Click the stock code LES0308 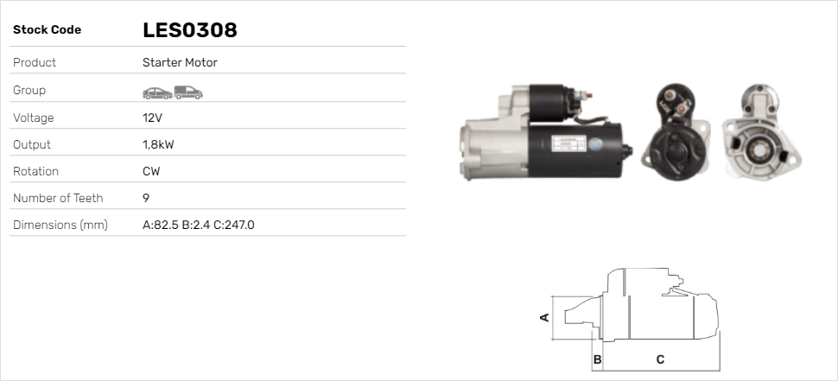point(190,30)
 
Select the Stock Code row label point(47,30)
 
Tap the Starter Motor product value point(180,62)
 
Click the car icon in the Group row point(157,93)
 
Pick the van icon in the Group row point(188,92)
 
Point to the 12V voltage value point(152,117)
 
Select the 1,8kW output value point(158,145)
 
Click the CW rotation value point(151,172)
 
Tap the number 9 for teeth point(146,198)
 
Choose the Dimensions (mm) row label point(60,225)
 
